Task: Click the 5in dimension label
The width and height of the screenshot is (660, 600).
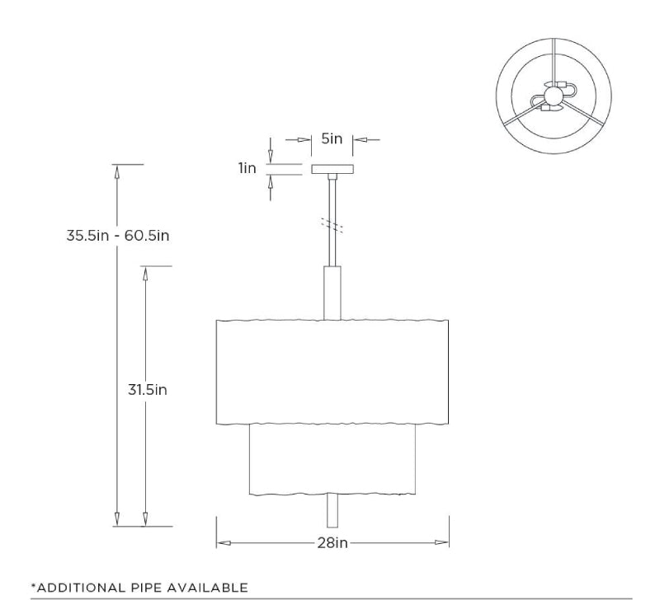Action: click(x=332, y=138)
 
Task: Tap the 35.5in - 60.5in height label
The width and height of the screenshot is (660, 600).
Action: click(x=118, y=235)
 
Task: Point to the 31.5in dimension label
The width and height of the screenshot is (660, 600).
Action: click(x=148, y=389)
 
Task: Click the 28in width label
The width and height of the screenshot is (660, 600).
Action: click(x=332, y=542)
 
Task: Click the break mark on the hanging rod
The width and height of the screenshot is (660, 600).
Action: click(x=332, y=223)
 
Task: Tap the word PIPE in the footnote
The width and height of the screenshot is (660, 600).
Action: click(x=144, y=588)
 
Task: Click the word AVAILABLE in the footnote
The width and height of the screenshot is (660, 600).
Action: click(x=206, y=588)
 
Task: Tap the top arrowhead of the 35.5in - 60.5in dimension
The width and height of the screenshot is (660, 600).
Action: click(x=117, y=171)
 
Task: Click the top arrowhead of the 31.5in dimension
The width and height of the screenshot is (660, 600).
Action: click(x=146, y=274)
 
